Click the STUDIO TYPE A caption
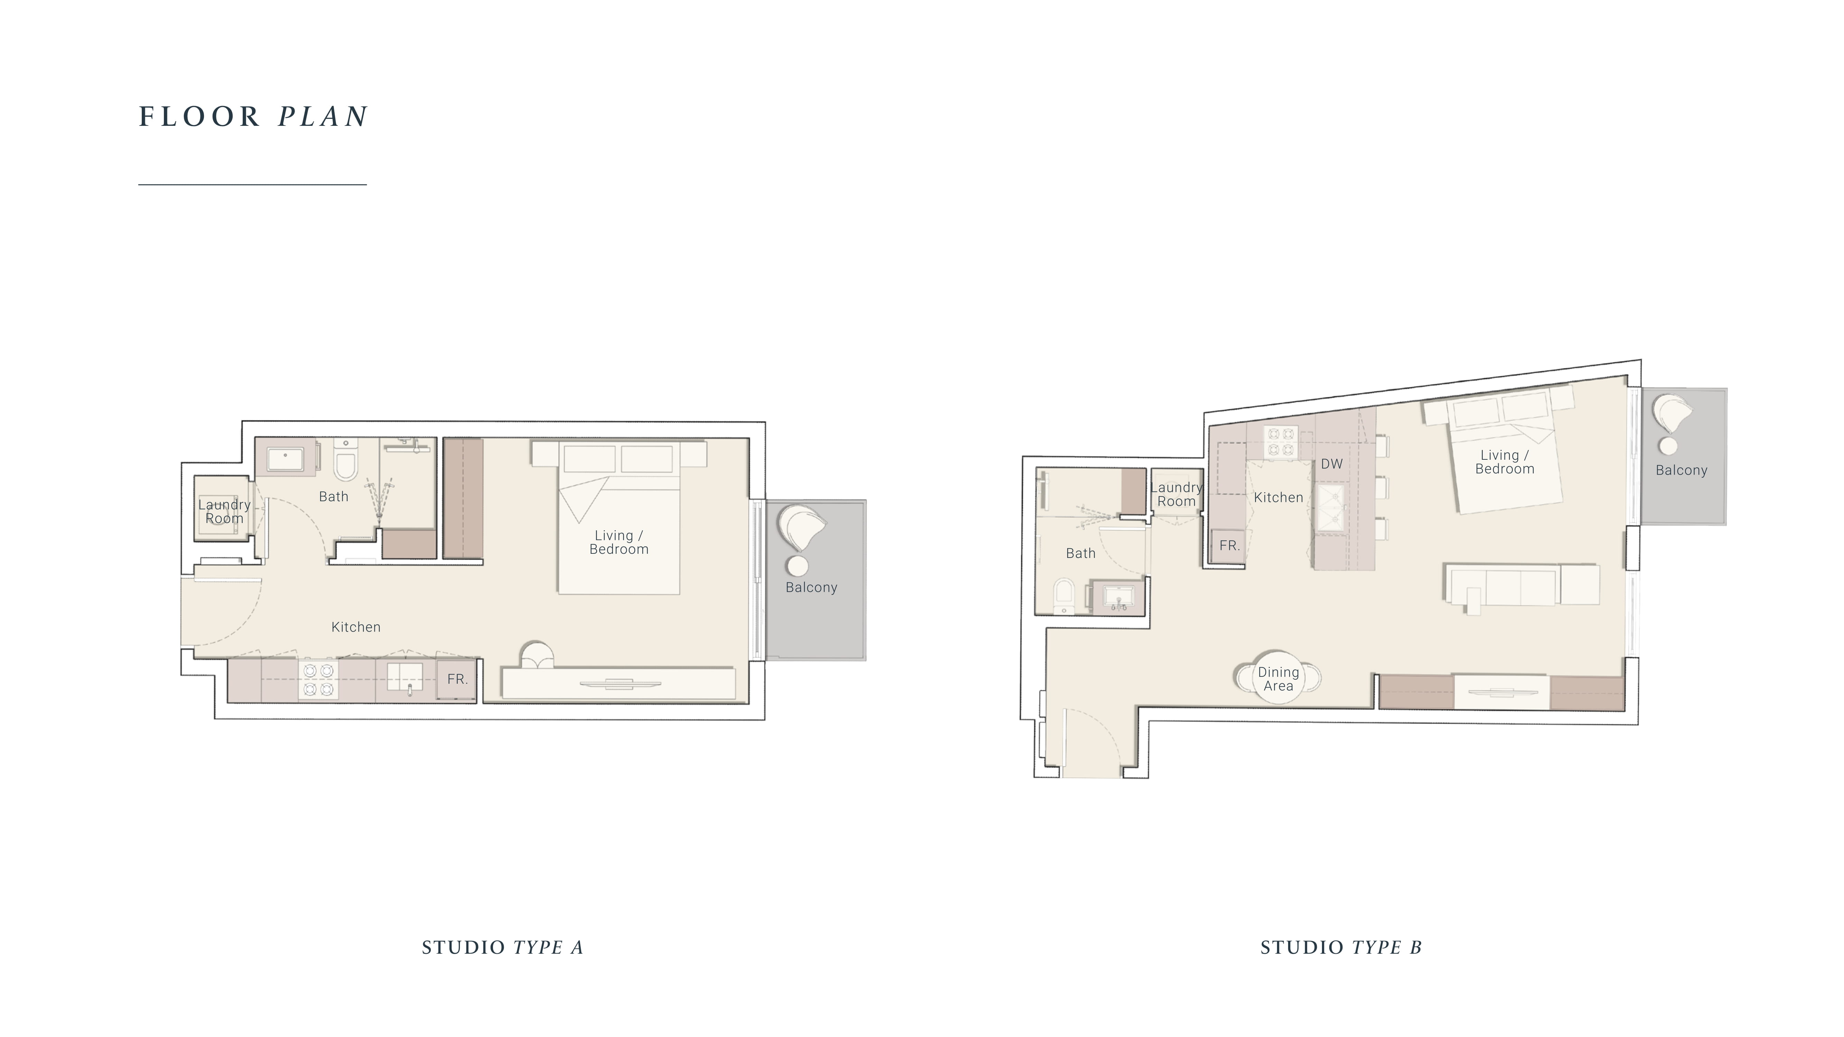point(503,947)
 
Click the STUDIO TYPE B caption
point(1341,947)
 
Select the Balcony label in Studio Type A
point(811,588)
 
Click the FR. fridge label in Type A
point(457,679)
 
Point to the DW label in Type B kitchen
point(1331,464)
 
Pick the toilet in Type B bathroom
point(1064,596)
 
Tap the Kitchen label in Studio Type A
point(356,627)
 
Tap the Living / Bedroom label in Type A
point(618,542)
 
